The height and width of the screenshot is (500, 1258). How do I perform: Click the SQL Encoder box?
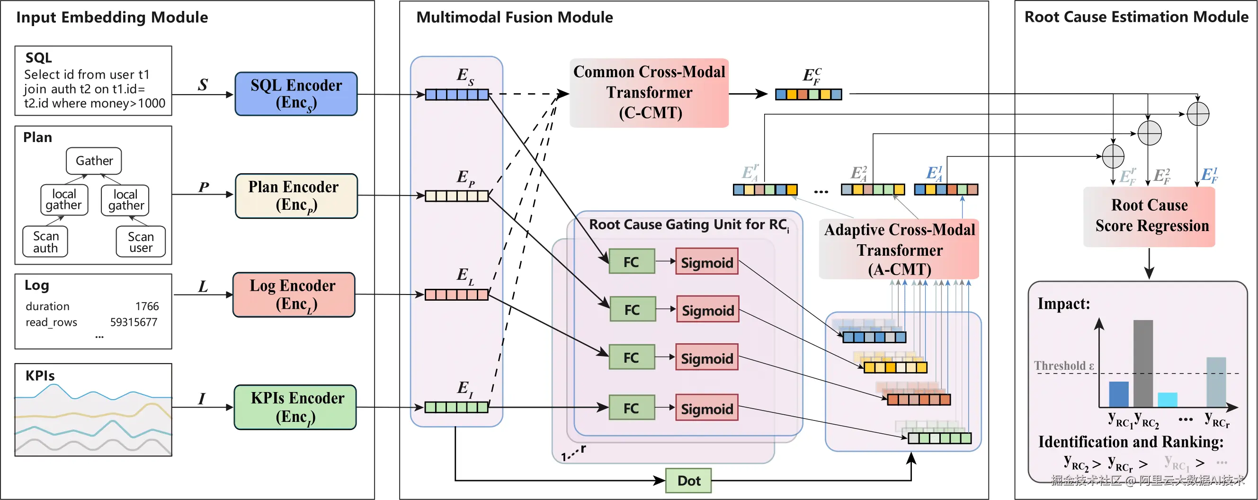296,94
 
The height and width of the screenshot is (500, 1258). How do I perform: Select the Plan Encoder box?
296,196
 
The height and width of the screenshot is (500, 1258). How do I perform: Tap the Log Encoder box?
294,295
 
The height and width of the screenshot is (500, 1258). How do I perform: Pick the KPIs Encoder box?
295,407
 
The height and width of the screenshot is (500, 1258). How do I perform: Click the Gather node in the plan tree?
94,161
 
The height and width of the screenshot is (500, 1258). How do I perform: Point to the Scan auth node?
45,241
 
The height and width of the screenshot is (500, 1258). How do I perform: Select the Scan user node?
141,241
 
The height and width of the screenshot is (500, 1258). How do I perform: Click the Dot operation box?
688,481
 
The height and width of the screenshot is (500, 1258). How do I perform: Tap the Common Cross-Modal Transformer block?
649,93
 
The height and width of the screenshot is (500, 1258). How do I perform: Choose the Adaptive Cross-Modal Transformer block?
899,249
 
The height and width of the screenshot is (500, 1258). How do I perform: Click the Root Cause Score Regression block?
1149,216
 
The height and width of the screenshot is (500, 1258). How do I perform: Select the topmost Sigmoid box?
706,262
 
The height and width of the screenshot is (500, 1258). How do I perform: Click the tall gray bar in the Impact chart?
1143,363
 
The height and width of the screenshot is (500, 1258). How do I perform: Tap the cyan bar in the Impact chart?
1167,400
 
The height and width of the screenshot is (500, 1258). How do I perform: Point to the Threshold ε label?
1063,365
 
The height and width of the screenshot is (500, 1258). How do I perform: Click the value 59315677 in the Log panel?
134,322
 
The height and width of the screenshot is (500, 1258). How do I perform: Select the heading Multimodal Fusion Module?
514,18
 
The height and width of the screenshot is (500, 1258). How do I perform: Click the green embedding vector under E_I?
456,407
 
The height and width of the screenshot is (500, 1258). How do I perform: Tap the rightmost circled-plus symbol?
1198,114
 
